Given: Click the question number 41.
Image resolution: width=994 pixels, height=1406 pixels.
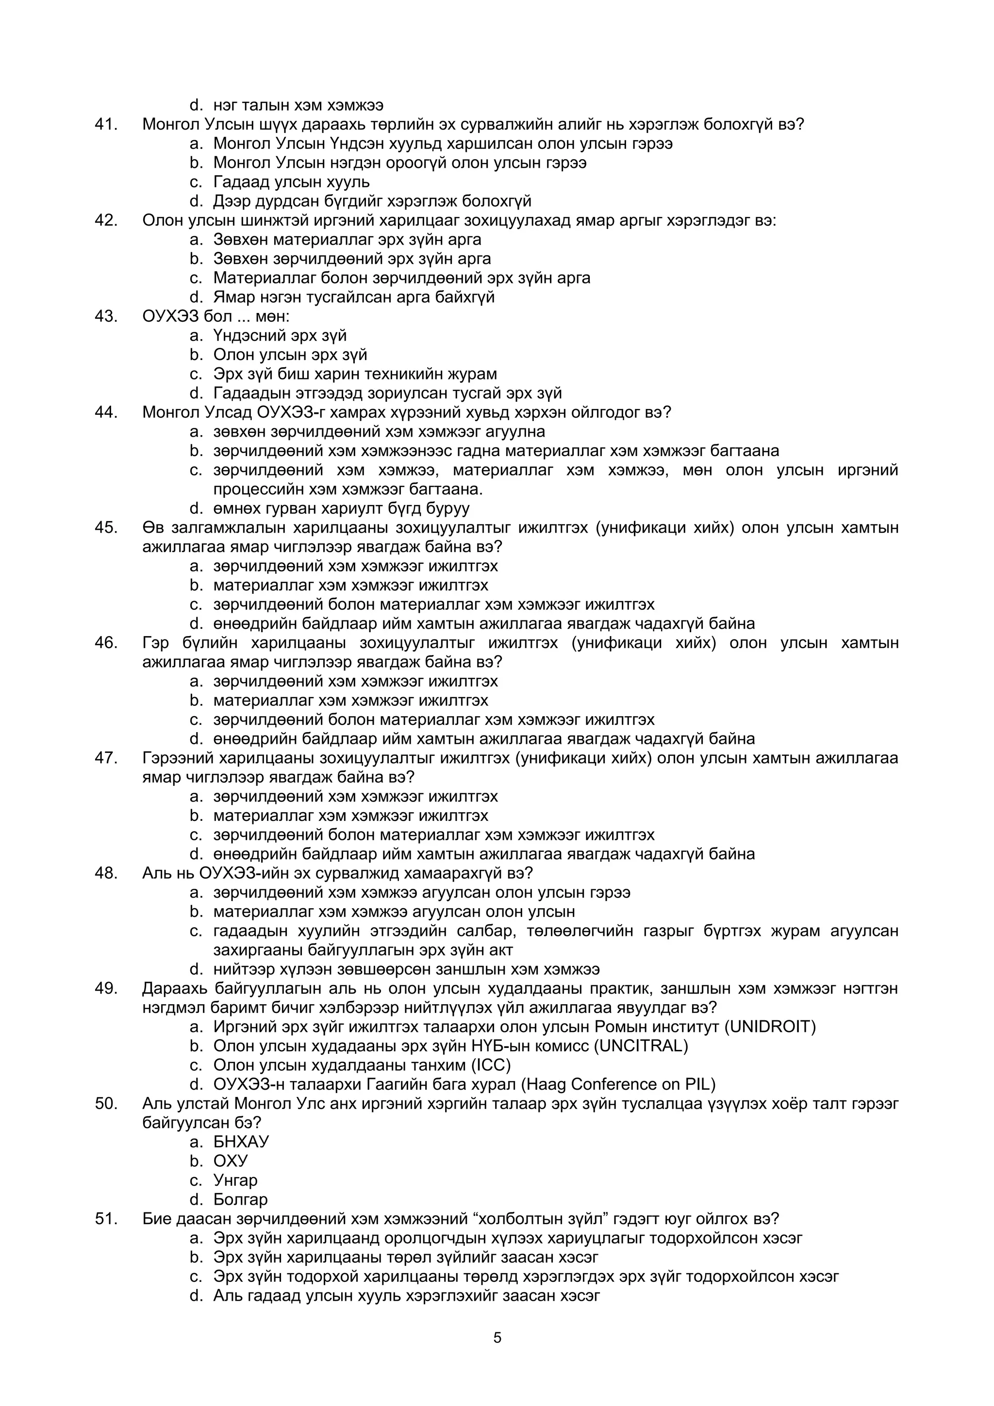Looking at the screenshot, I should [x=105, y=124].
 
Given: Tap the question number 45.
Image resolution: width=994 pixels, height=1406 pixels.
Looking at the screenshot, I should [x=105, y=527].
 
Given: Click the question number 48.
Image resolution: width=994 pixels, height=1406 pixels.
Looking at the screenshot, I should [x=105, y=873].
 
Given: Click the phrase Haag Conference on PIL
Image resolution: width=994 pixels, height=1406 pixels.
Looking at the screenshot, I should [x=618, y=1084].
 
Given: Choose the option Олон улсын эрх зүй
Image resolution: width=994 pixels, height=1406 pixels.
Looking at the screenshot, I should [x=290, y=355].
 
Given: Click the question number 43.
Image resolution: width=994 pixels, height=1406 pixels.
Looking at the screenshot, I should [x=105, y=316].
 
